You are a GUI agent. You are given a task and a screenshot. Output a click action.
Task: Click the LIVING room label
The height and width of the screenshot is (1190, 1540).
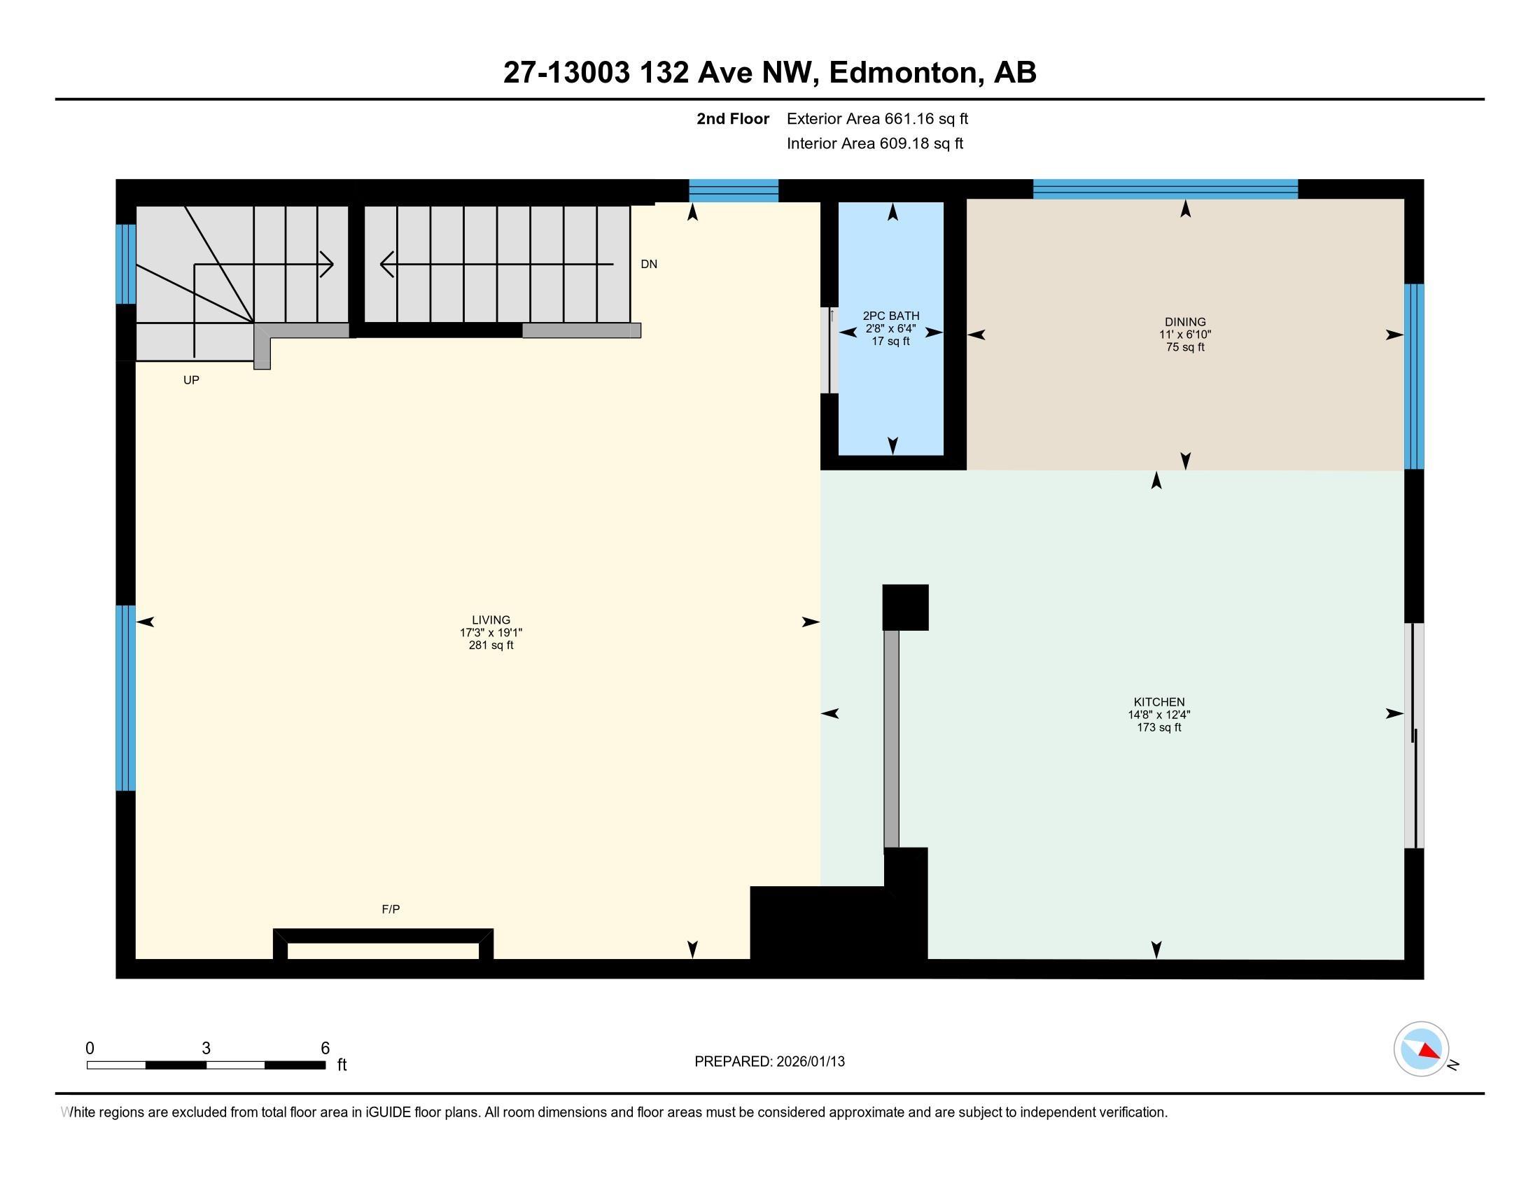tap(491, 620)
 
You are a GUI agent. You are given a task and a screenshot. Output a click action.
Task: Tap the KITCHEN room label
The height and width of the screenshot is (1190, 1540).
tap(1158, 701)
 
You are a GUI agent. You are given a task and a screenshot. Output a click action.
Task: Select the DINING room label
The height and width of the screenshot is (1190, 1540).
tap(1184, 321)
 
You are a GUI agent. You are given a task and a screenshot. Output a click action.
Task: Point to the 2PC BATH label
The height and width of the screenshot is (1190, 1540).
tap(890, 316)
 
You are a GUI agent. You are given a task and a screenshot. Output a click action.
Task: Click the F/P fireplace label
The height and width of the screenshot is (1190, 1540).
tap(391, 909)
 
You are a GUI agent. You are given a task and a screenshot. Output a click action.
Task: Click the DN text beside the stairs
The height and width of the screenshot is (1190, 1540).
tap(649, 265)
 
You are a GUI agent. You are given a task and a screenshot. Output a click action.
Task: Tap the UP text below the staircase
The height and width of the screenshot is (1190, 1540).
tap(191, 380)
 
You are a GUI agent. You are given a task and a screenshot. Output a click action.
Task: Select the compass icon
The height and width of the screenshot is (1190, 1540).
tap(1421, 1049)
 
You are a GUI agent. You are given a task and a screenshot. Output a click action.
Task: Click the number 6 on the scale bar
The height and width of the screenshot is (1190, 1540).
tap(325, 1048)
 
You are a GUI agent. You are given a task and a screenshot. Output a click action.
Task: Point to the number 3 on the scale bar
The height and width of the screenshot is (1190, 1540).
tap(206, 1048)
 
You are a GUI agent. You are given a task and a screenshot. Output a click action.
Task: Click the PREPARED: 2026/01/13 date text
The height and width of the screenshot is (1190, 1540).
tap(769, 1061)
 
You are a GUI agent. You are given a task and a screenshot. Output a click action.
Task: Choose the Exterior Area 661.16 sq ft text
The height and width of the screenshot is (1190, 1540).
tap(877, 118)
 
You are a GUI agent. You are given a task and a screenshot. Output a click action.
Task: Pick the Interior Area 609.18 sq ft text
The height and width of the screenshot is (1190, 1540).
tap(874, 143)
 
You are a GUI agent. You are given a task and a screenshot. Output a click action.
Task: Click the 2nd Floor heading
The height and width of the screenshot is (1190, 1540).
tap(733, 118)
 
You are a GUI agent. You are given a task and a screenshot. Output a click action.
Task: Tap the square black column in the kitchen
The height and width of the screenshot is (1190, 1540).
tap(905, 607)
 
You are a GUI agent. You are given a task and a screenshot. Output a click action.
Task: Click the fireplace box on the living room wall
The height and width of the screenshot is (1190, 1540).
tap(383, 945)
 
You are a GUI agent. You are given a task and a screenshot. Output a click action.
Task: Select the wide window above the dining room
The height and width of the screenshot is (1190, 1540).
tap(1165, 189)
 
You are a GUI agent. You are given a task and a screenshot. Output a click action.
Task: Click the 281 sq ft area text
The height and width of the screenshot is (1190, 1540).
tap(491, 645)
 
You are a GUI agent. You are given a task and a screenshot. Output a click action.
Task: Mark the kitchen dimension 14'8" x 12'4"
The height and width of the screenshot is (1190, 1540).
tap(1158, 714)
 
